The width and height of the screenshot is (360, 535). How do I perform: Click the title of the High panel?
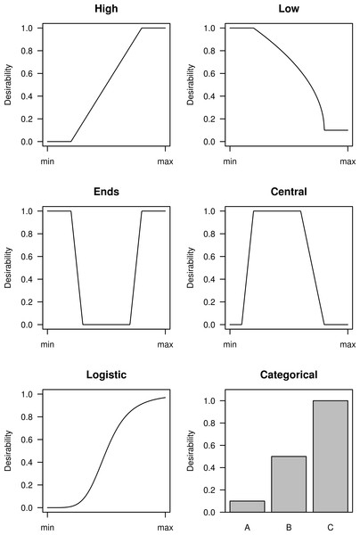(106, 9)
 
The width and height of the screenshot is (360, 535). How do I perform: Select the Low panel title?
(289, 9)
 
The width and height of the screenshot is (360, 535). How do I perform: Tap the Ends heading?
(106, 192)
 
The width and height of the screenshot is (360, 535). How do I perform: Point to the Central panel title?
(289, 192)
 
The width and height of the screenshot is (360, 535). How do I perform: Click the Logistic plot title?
(106, 374)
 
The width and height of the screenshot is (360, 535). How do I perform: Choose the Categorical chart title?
(289, 374)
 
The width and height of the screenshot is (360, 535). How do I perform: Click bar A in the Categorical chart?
(247, 506)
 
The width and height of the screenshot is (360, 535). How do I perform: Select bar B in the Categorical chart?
(289, 484)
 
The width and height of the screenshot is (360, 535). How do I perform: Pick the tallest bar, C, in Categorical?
(331, 457)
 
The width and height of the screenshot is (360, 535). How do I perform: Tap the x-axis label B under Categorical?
(289, 527)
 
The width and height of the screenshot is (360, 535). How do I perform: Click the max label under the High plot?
(166, 161)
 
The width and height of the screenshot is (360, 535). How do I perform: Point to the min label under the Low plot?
(230, 161)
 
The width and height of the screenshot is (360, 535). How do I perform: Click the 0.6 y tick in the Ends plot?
(27, 257)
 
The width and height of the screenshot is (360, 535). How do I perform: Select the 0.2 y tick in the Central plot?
(209, 302)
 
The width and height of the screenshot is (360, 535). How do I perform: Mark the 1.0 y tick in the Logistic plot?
(27, 394)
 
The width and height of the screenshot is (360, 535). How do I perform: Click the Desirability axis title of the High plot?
(8, 85)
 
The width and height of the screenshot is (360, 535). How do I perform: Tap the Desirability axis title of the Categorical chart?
(191, 450)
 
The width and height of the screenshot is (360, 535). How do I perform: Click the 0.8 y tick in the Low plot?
(209, 51)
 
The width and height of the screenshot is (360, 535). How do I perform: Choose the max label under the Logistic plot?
(166, 528)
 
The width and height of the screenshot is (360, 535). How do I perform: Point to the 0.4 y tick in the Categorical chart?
(209, 467)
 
